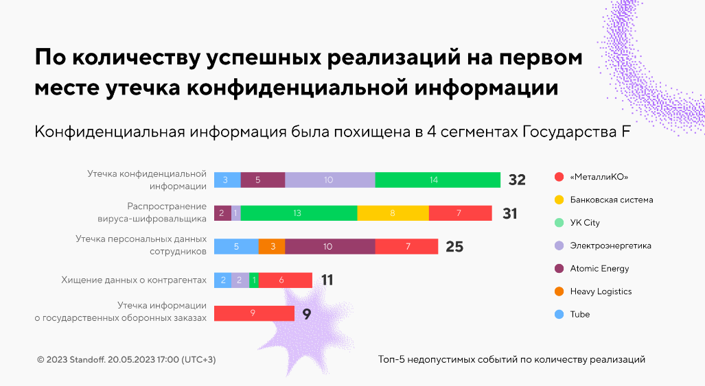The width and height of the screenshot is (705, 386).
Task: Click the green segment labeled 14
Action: (437, 180)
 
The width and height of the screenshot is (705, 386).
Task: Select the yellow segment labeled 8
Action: (393, 213)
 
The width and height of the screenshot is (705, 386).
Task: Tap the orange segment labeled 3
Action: (272, 246)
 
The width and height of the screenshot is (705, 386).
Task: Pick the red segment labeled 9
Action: (253, 313)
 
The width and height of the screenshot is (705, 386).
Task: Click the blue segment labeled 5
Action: (236, 246)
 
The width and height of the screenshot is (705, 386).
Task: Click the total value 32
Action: (517, 180)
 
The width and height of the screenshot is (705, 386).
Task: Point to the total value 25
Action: (454, 247)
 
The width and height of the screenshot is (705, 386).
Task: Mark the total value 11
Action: (327, 280)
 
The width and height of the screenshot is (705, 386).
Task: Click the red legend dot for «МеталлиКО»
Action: (559, 177)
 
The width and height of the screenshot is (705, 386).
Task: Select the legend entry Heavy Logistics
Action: (600, 291)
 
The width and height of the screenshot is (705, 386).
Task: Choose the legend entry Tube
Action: (579, 314)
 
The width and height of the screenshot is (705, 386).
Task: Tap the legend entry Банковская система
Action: (611, 200)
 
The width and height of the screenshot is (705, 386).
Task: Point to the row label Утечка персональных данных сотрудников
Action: (141, 245)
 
